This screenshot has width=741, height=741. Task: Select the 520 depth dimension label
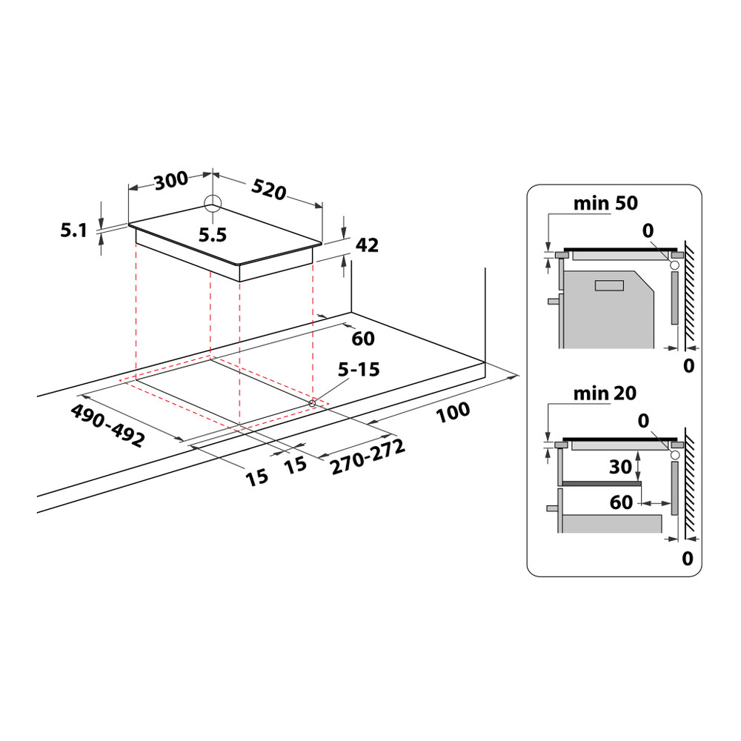click(x=268, y=190)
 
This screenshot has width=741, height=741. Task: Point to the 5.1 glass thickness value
click(x=74, y=230)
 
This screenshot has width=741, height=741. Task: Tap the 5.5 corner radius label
click(x=212, y=235)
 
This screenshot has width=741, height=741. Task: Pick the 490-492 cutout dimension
click(x=107, y=425)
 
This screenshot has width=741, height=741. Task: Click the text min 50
click(x=605, y=203)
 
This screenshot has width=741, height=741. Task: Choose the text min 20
click(x=605, y=393)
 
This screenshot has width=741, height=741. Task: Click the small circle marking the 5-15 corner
click(x=313, y=402)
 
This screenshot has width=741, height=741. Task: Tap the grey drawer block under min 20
click(x=612, y=523)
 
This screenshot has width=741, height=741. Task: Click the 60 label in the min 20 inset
click(x=621, y=502)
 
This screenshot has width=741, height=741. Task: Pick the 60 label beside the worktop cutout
click(x=362, y=339)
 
